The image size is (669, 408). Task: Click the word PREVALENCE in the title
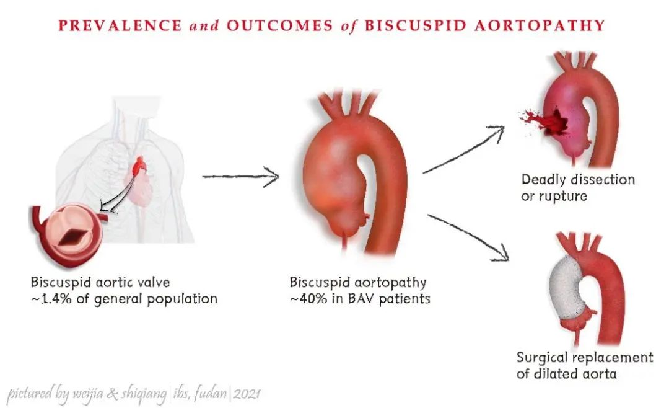(x=120, y=25)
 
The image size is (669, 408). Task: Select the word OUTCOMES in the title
(x=279, y=25)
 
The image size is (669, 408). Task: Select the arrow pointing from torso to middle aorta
(x=240, y=177)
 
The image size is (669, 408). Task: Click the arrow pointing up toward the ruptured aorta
(x=464, y=150)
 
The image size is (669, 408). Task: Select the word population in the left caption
(x=181, y=299)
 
